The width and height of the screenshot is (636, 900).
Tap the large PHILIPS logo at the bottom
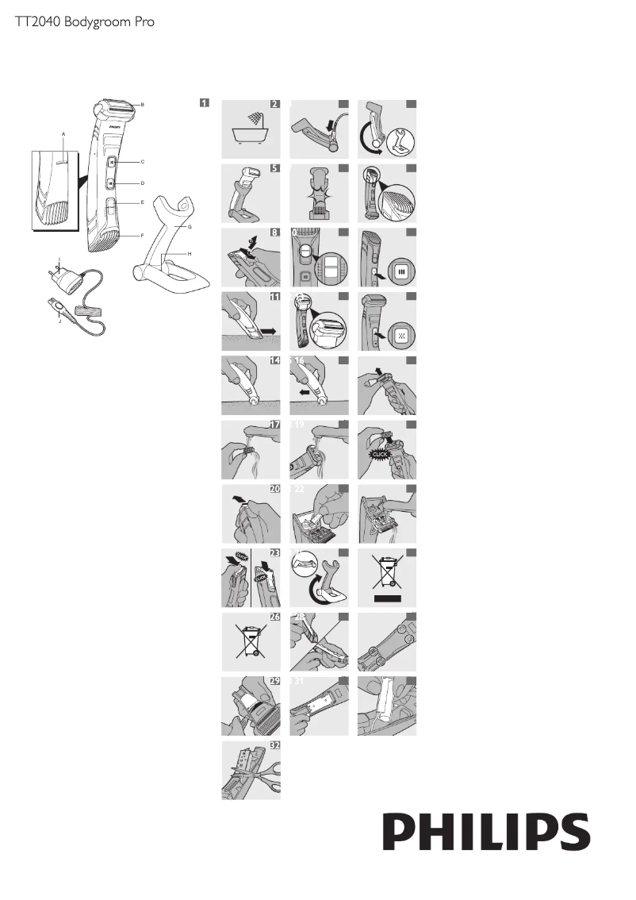[x=487, y=833]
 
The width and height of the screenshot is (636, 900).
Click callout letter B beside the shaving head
[x=142, y=105]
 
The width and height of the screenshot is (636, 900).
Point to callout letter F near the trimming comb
[x=142, y=235]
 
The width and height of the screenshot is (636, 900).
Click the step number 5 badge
[x=274, y=168]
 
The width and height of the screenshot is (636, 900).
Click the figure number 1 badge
[x=205, y=102]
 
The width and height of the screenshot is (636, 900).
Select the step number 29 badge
[x=274, y=682]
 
